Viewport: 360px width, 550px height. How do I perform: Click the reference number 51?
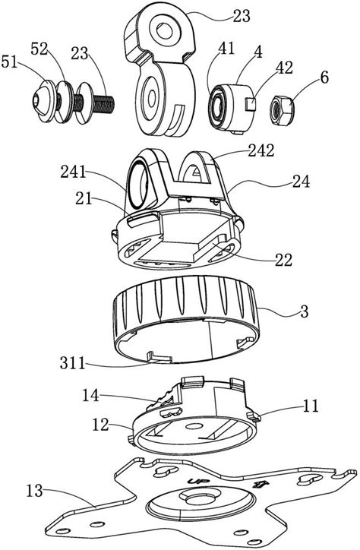(9, 63)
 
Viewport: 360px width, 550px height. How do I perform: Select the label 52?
(39, 49)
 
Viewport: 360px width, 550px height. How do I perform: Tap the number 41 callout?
(226, 49)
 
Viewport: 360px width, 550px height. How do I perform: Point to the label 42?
(284, 68)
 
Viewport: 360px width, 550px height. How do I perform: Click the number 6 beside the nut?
(324, 77)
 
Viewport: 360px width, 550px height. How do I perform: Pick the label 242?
(261, 150)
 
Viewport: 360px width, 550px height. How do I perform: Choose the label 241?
(73, 172)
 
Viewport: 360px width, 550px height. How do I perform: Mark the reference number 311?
(73, 363)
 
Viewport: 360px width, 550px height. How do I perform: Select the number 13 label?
(34, 491)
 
